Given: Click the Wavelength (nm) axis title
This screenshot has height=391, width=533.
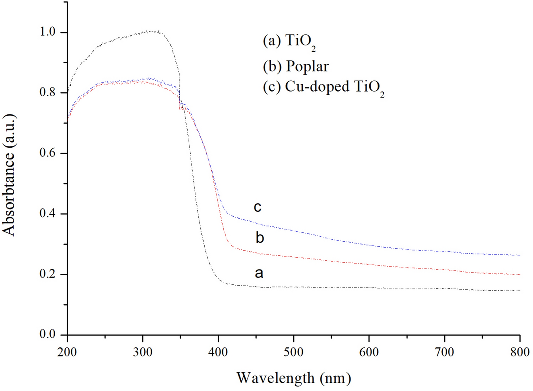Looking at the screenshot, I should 294,375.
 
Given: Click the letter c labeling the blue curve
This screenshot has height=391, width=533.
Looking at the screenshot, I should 258,206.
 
